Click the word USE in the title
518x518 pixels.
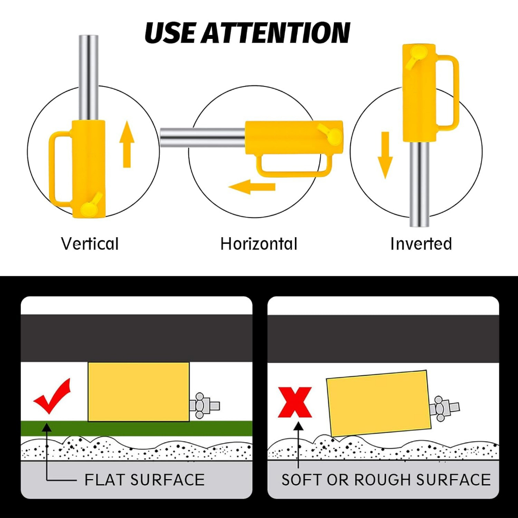click(170, 33)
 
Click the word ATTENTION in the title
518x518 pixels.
click(276, 33)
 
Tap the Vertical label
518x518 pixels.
click(90, 244)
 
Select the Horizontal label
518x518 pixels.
click(259, 244)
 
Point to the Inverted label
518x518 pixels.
click(421, 244)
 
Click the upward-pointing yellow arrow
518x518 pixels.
click(127, 144)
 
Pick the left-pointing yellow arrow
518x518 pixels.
click(252, 187)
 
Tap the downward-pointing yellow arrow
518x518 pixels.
click(385, 155)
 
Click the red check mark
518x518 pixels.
click(52, 396)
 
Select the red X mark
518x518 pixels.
click(295, 402)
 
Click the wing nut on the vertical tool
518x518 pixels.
click(91, 206)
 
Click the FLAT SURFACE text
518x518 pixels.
click(144, 480)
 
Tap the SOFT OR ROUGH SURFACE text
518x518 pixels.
click(386, 480)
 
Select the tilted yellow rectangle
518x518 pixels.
click(379, 403)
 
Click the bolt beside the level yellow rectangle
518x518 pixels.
click(204, 405)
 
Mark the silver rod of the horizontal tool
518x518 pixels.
click(202, 138)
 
